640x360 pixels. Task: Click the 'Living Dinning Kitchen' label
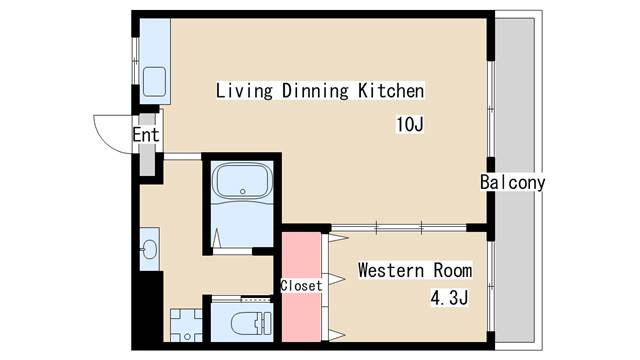coord(320,91)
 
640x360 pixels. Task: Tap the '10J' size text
coord(410,124)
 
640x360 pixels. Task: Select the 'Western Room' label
coord(415,270)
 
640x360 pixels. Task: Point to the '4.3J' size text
coord(449,298)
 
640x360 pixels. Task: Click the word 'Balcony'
coord(513,182)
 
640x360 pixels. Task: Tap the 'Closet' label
coord(301,286)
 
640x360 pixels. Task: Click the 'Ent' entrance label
coord(146,135)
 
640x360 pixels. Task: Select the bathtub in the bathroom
coord(242,181)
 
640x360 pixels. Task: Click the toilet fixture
coord(251,324)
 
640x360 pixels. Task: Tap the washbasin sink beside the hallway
coord(149,249)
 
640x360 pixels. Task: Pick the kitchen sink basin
coord(155,82)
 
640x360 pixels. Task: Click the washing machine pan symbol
coord(187,325)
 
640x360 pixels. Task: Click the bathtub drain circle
coord(243,191)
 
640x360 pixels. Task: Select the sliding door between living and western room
coord(398,228)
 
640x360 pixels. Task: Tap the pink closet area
coord(301,287)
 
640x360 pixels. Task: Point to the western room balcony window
coord(491,286)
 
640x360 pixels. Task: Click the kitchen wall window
coord(136,61)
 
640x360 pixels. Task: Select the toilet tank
coord(267,324)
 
